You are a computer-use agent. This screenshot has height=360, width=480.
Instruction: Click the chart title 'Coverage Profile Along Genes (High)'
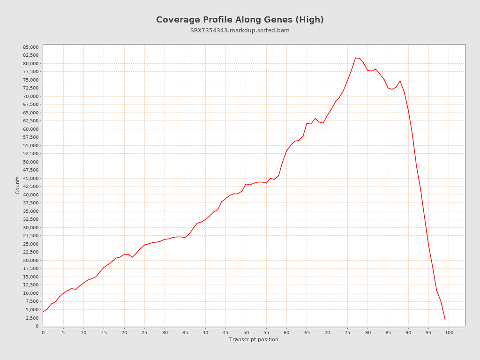pos(240,20)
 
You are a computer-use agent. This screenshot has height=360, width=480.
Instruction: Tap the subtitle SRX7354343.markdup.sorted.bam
pos(240,30)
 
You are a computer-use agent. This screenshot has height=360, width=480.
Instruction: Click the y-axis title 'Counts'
pos(18,185)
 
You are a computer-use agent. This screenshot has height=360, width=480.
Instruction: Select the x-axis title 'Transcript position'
pos(254,339)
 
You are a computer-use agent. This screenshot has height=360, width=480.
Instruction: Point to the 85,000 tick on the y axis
pos(30,47)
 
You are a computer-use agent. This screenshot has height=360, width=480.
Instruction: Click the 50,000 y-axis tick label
pos(30,162)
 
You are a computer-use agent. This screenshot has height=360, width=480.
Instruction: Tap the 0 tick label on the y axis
pos(37,326)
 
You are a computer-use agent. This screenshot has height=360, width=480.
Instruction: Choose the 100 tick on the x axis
pos(449,333)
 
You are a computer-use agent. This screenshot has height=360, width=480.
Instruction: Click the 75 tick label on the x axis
pos(347,333)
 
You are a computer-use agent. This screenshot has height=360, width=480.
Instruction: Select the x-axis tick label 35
pos(185,333)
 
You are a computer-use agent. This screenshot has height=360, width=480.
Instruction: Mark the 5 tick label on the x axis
pos(63,333)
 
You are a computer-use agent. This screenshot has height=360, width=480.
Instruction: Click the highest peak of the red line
pos(356,58)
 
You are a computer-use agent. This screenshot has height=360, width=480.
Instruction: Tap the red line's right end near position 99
pos(445,319)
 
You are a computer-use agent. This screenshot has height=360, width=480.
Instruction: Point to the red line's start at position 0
pos(43,312)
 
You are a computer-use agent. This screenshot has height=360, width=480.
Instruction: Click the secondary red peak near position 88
pos(400,81)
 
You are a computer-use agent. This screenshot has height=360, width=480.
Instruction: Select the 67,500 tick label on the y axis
pos(30,105)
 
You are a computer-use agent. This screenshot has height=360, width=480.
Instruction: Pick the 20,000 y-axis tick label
pos(30,261)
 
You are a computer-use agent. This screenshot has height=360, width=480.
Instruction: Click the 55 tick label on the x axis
pos(266,333)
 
